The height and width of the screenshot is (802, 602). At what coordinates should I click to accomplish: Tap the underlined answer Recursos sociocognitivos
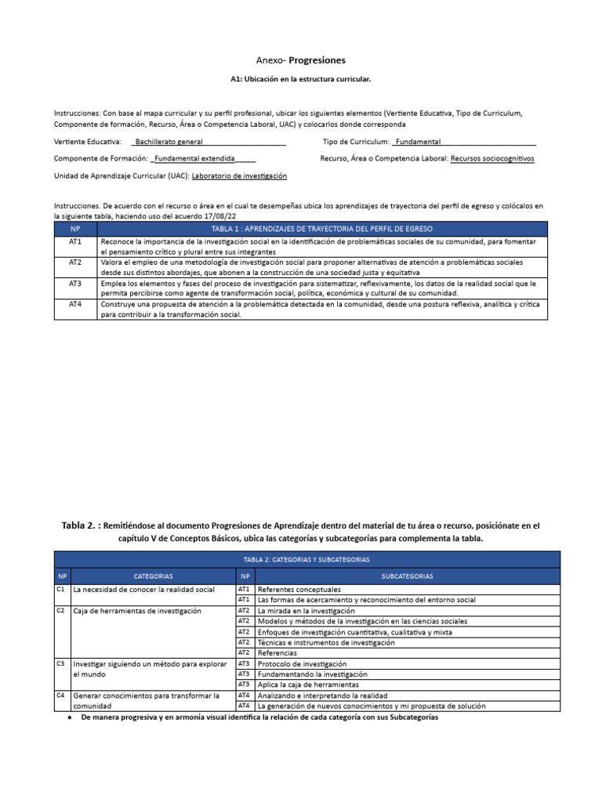[492, 158]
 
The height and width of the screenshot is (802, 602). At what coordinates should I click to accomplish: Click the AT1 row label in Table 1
[75, 243]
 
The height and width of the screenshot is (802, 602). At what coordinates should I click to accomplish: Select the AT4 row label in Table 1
[75, 304]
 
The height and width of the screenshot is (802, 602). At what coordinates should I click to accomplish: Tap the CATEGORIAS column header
[153, 576]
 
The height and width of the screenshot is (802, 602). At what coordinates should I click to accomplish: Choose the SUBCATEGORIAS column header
[408, 576]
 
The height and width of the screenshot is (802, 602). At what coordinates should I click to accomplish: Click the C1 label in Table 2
[60, 589]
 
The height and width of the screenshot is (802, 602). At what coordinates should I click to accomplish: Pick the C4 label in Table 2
[60, 695]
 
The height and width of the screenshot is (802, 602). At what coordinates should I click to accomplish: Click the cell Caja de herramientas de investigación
[137, 610]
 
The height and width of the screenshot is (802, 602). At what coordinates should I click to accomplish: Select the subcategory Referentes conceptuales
[299, 589]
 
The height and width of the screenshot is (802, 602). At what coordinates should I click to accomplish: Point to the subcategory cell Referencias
[277, 652]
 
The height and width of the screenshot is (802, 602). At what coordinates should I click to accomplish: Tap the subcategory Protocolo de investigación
[302, 663]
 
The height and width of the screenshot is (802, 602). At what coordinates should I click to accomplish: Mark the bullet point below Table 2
[71, 717]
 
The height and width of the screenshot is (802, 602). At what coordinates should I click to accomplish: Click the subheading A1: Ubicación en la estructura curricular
[301, 80]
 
